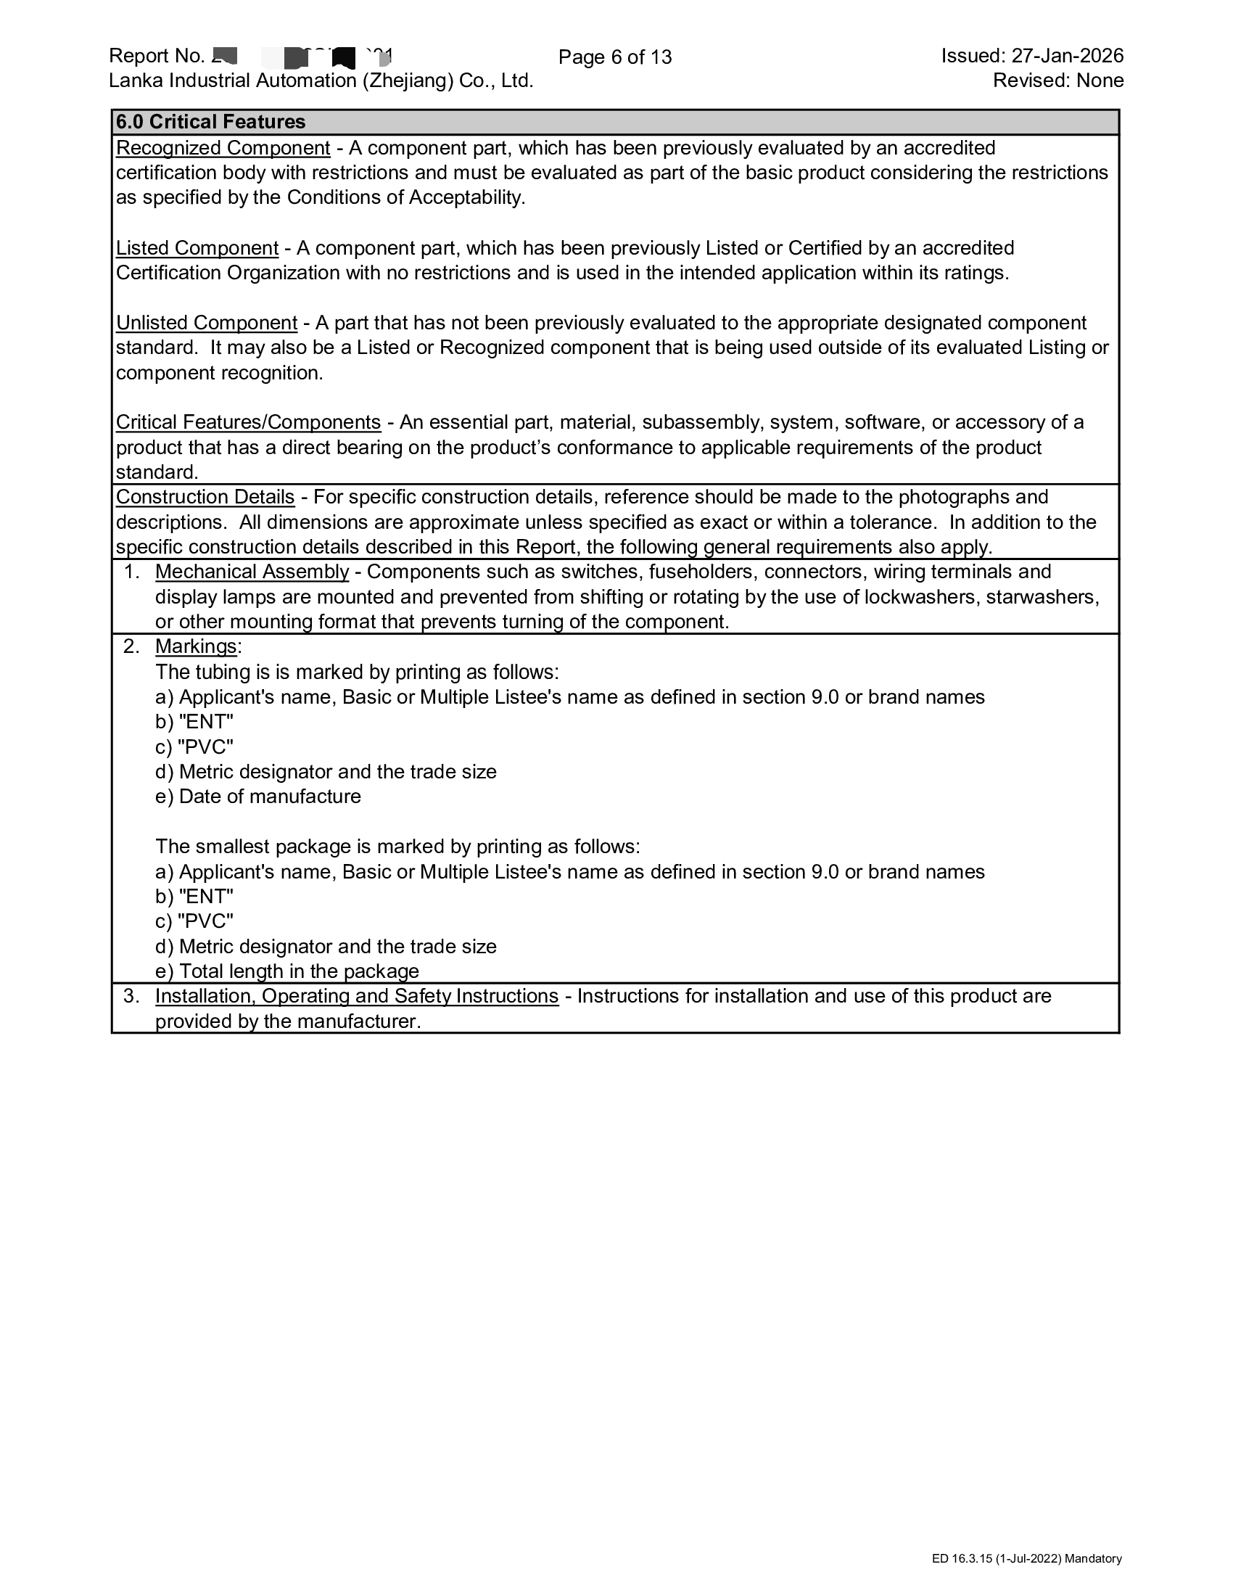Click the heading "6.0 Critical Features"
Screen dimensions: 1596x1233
pyautogui.click(x=210, y=122)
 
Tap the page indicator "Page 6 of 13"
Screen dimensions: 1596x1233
pyautogui.click(x=614, y=57)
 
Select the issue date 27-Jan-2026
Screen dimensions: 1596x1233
pyautogui.click(x=1066, y=56)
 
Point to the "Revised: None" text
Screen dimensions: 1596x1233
pyautogui.click(x=1057, y=81)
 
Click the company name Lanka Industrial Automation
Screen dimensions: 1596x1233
pyautogui.click(x=321, y=81)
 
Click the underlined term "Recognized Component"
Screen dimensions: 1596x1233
pyautogui.click(x=223, y=148)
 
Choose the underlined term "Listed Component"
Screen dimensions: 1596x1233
pyautogui.click(x=197, y=248)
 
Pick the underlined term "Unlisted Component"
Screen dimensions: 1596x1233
pyautogui.click(x=206, y=323)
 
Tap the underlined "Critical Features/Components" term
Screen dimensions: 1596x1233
pyautogui.click(x=247, y=422)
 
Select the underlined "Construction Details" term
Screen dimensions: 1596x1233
pyautogui.click(x=205, y=497)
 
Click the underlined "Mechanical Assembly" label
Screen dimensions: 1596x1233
pyautogui.click(x=252, y=572)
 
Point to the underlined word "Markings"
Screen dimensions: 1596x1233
pyautogui.click(x=196, y=646)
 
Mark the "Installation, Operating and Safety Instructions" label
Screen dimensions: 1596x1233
pyautogui.click(x=356, y=996)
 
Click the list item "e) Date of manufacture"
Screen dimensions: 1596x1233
pyautogui.click(x=258, y=797)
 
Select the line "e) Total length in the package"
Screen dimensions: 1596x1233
pyautogui.click(x=287, y=971)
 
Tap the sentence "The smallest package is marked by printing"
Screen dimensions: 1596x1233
pyautogui.click(x=397, y=847)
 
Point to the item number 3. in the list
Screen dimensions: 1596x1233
pyautogui.click(x=131, y=996)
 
